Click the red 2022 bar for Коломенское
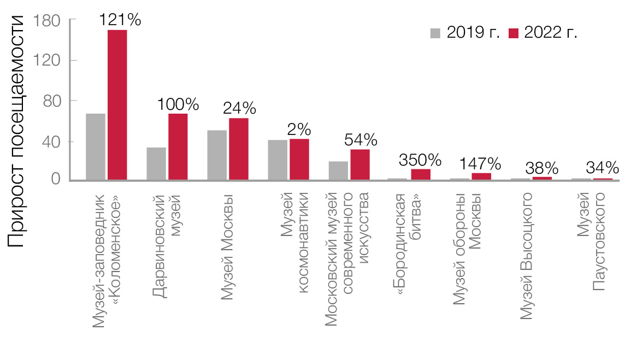pyautogui.click(x=117, y=105)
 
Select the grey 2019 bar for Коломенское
pyautogui.click(x=96, y=146)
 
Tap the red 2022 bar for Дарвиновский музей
pyautogui.click(x=178, y=146)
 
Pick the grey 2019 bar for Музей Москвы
pyautogui.click(x=217, y=155)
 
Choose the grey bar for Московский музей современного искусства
pyautogui.click(x=338, y=170)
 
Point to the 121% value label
pyautogui.click(x=120, y=20)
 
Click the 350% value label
pyautogui.click(x=420, y=160)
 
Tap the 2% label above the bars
pyautogui.click(x=299, y=129)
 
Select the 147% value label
pyautogui.click(x=480, y=163)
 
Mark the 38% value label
pyautogui.click(x=541, y=167)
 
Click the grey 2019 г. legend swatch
pyautogui.click(x=435, y=33)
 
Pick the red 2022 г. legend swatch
pyautogui.click(x=513, y=33)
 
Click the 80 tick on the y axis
pyautogui.click(x=50, y=101)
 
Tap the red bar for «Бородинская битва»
pyautogui.click(x=421, y=174)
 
